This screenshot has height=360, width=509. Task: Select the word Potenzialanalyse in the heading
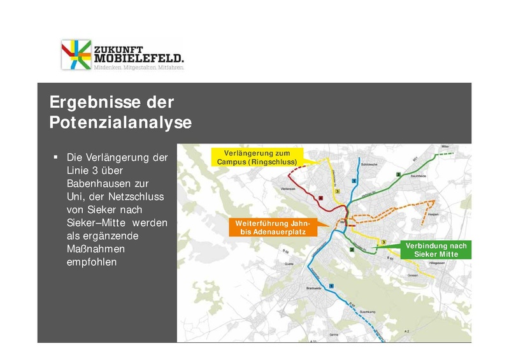(x=120, y=122)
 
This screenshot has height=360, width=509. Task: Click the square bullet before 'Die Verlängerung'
(x=55, y=157)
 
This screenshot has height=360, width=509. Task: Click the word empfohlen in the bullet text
(x=92, y=261)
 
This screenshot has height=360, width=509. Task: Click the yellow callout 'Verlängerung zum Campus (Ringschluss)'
(x=257, y=157)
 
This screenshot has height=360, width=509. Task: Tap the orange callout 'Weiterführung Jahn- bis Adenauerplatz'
(x=272, y=228)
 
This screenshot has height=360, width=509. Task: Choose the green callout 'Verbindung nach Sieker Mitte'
(x=436, y=250)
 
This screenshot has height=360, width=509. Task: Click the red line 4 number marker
(x=320, y=198)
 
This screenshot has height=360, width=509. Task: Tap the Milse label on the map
(x=445, y=146)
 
